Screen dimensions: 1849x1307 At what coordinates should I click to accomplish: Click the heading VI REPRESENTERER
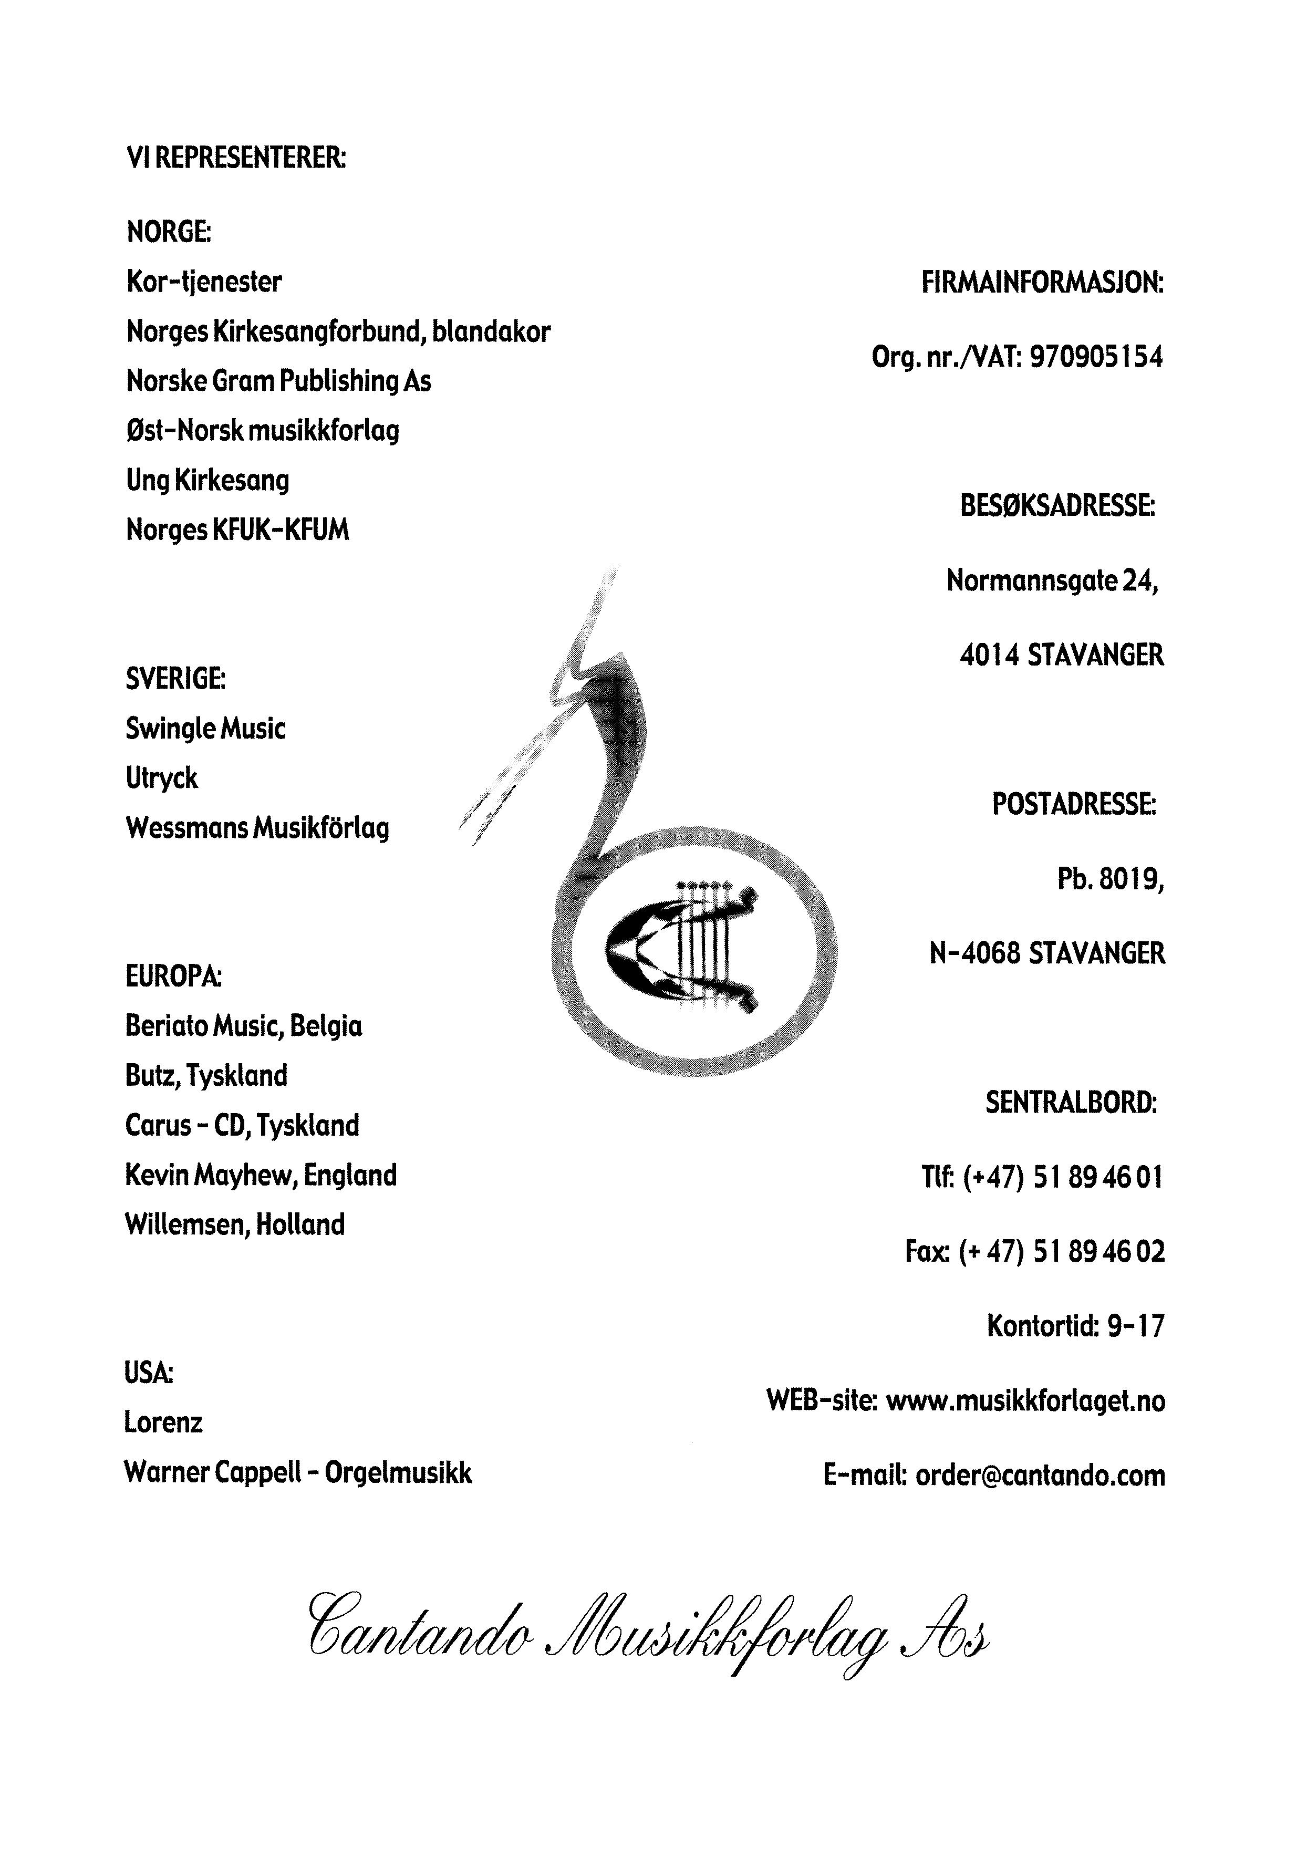(x=236, y=158)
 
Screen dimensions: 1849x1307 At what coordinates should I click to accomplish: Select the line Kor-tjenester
(x=204, y=282)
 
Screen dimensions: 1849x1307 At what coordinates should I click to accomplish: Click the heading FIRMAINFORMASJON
(x=1042, y=284)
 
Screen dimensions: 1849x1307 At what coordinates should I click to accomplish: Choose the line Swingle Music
(x=205, y=729)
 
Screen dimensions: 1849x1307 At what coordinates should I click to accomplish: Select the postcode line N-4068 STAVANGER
(x=1047, y=953)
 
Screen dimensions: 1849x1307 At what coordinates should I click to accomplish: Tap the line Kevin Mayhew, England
(x=261, y=1176)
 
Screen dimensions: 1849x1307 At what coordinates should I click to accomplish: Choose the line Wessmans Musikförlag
(x=258, y=828)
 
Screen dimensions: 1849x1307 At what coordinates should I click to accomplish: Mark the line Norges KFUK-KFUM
(x=237, y=531)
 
